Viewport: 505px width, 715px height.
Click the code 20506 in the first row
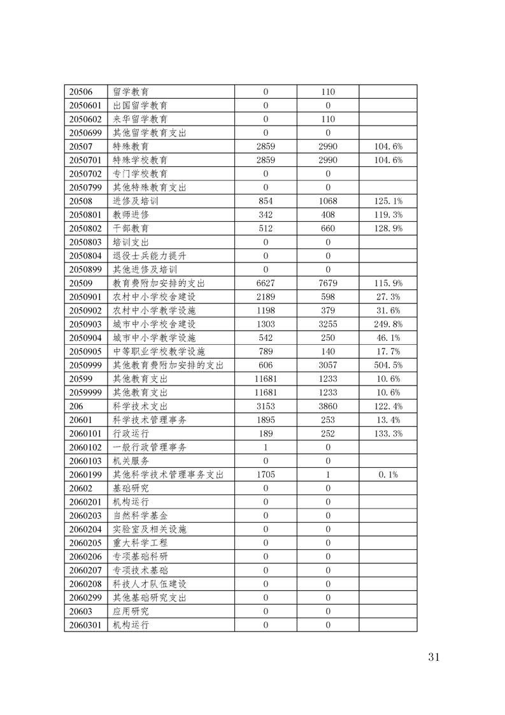80,92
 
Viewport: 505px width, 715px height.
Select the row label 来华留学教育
140,119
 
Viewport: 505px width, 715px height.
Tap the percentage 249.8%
388,324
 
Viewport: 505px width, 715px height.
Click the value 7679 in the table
328,283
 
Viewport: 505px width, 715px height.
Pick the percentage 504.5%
388,365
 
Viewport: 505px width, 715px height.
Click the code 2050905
85,351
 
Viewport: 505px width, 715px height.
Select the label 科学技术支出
140,406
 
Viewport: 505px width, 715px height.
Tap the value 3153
266,406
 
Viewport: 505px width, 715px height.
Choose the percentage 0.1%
388,474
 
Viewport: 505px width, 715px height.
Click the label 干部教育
131,228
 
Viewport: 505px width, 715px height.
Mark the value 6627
266,283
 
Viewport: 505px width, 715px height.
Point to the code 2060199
85,474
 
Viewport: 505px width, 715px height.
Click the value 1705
266,474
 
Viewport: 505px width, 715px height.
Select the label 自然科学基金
140,515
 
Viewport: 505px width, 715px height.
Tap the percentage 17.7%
388,351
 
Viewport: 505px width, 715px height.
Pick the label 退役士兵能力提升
150,256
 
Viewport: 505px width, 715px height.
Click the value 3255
328,324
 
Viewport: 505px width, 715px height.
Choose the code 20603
80,611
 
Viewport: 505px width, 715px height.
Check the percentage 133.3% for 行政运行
388,433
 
